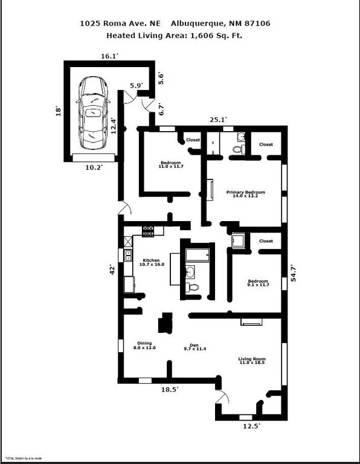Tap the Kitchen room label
[x=151, y=262]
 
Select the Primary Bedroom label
[x=246, y=194]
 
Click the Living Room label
[x=251, y=361]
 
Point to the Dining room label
[x=144, y=345]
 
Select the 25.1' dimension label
[x=217, y=120]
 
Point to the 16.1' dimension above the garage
[x=109, y=56]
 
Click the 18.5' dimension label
[x=169, y=390]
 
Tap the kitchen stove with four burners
[x=149, y=230]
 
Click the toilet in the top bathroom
[x=239, y=147]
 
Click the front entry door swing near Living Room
[x=222, y=399]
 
